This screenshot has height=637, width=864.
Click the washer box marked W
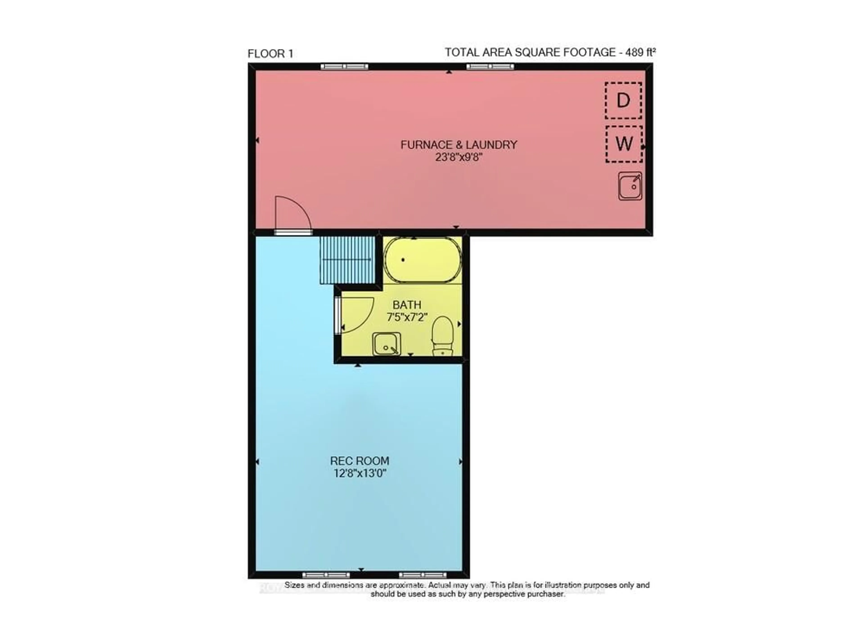pos(623,144)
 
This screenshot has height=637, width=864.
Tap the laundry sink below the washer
pos(630,186)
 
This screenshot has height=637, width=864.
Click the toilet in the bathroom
pos(442,335)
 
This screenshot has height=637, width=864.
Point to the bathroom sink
pos(386,344)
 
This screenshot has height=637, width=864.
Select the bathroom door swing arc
pos(356,314)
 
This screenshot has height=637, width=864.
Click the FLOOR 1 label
pos(270,54)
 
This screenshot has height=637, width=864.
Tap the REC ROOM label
pos(359,461)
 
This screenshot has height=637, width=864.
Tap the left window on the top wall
pos(344,67)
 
